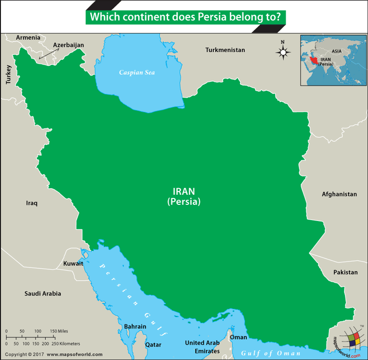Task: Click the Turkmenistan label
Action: [225, 50]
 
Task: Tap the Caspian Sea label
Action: [137, 73]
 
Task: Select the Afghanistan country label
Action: [339, 194]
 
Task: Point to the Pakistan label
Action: [345, 272]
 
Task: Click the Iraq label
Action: [32, 203]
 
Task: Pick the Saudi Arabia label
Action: [43, 293]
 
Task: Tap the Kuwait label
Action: [73, 264]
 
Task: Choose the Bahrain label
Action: [135, 326]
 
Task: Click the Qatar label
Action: [153, 344]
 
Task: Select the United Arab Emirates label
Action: [202, 347]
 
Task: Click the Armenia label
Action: [28, 38]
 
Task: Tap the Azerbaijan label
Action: [69, 45]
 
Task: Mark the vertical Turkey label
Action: [8, 74]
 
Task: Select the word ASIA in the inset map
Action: [336, 52]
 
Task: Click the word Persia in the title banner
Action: [213, 17]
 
